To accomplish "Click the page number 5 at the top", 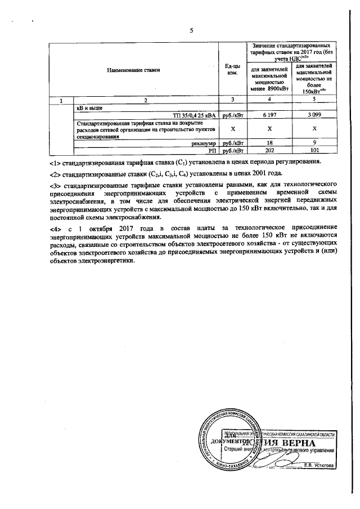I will [x=191, y=30].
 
